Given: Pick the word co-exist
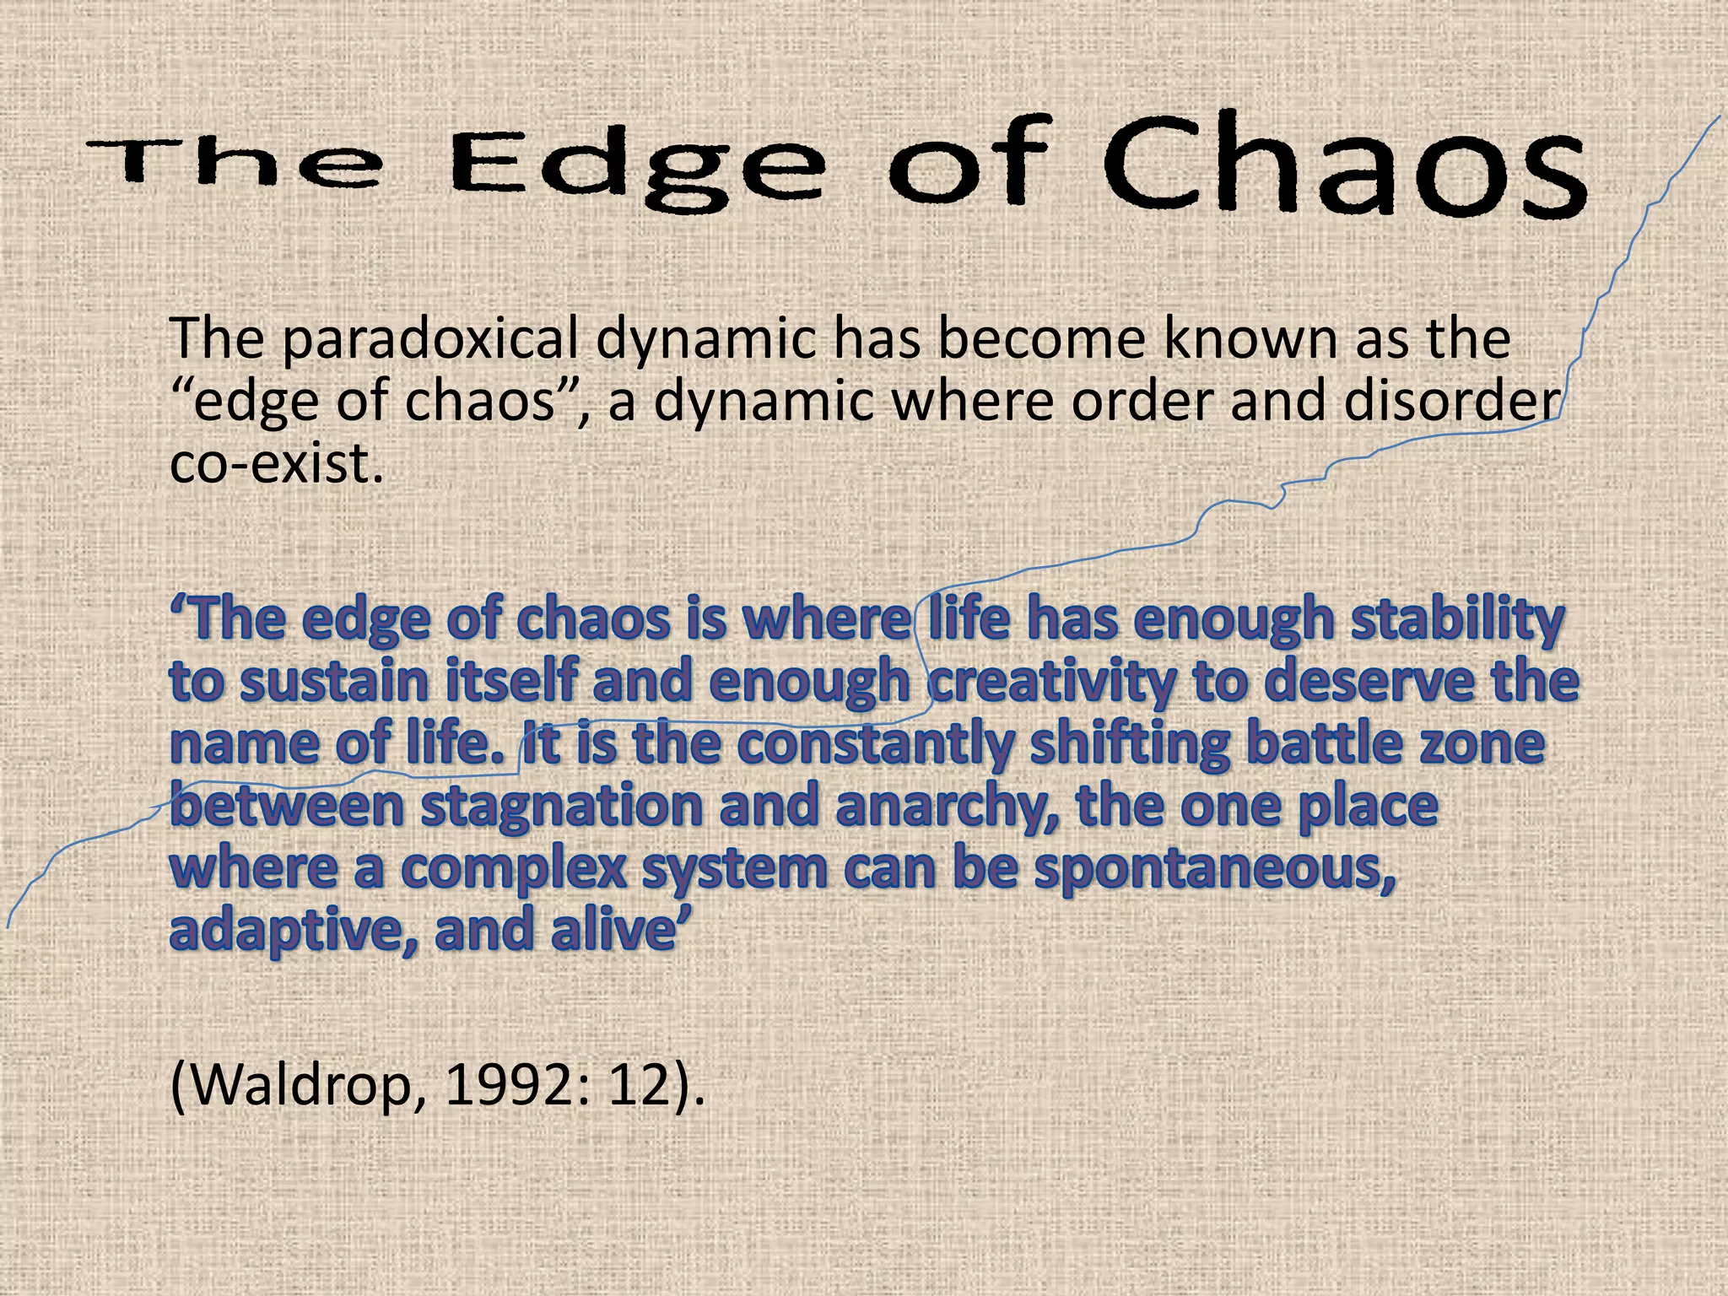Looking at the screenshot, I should tap(270, 464).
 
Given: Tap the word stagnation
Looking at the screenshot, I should tap(561, 807).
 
